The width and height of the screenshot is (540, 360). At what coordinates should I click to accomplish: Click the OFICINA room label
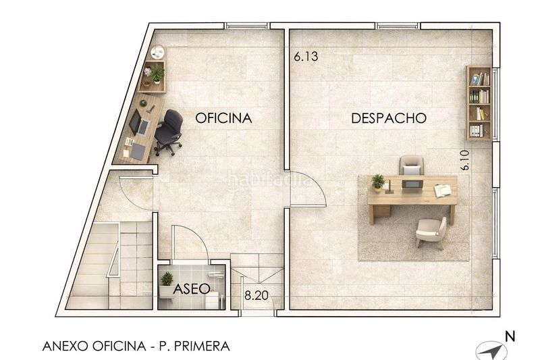click(223, 118)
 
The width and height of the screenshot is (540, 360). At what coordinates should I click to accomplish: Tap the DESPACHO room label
click(389, 118)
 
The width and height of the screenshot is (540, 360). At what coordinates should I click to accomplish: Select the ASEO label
click(192, 289)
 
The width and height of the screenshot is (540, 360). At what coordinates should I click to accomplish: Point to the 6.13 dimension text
click(306, 57)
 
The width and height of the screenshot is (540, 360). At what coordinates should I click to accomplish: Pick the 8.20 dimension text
click(255, 294)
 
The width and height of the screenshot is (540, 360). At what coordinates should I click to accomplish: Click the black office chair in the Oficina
click(169, 130)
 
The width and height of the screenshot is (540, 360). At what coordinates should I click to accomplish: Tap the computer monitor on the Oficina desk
click(135, 122)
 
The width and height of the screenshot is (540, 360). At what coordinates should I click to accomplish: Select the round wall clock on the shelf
click(157, 52)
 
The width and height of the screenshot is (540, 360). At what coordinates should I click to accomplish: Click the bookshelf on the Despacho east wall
click(479, 103)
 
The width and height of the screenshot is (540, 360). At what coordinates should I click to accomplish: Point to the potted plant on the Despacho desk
click(378, 181)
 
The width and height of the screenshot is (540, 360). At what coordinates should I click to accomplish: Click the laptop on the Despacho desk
click(411, 184)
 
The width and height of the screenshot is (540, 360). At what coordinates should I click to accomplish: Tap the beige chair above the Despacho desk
click(411, 165)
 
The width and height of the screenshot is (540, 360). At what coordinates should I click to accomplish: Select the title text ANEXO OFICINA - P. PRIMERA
click(136, 346)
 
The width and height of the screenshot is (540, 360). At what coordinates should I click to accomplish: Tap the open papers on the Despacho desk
click(442, 190)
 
